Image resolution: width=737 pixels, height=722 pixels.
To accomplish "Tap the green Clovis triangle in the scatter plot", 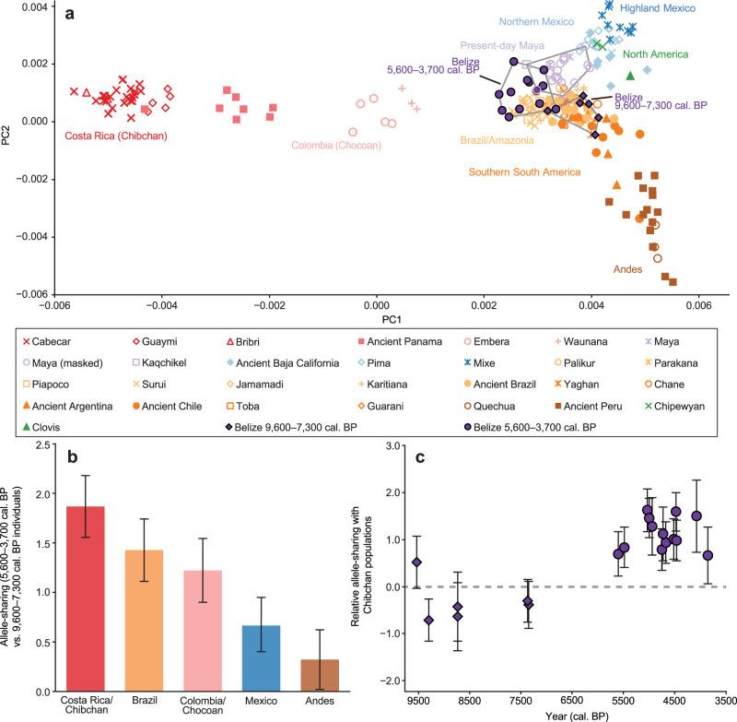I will point(630,76).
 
